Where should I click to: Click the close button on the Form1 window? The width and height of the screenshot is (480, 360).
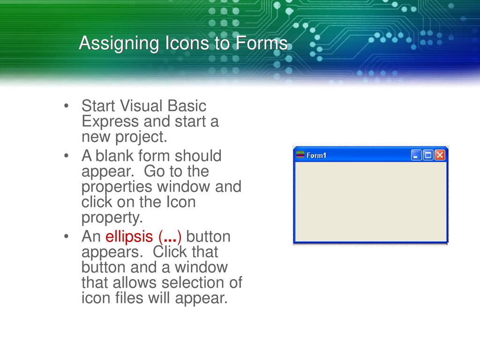pos(440,155)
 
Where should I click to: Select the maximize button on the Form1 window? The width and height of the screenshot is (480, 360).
pos(428,155)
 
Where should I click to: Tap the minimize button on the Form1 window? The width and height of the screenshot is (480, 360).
pos(416,155)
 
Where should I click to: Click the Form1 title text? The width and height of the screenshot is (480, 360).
pos(316,156)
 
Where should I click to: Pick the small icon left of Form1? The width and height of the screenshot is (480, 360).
pos(300,155)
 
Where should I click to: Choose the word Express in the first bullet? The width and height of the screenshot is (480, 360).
pos(110,121)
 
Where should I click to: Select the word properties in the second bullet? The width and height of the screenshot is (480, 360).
pos(117,187)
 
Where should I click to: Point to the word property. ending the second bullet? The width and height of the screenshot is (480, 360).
pos(111,218)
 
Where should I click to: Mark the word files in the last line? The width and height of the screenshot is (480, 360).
pos(130,299)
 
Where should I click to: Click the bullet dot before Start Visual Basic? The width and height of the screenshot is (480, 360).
pos(68,106)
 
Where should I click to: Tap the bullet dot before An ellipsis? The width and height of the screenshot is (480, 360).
pos(68,237)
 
